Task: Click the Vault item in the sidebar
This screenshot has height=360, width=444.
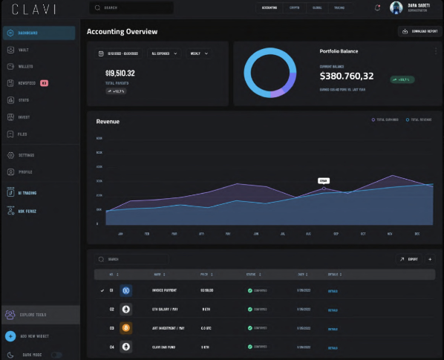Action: (24, 50)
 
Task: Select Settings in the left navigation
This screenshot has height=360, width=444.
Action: (26, 155)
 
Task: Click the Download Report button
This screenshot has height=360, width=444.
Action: (419, 31)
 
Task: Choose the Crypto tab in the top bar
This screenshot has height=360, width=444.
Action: (295, 7)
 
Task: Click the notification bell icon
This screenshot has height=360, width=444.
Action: (377, 7)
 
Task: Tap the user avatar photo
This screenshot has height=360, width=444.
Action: (396, 7)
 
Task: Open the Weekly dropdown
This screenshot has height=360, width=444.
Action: (197, 53)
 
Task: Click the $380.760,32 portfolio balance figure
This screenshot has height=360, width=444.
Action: (346, 76)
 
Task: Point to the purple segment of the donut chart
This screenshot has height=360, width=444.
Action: (274, 91)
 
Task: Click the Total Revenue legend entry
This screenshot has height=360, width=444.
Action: (420, 120)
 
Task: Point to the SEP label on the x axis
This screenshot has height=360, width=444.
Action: (336, 233)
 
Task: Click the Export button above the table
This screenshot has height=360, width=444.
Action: (409, 259)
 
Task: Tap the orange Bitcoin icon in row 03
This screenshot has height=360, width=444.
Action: (126, 327)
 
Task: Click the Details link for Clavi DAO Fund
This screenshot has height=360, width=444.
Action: (333, 347)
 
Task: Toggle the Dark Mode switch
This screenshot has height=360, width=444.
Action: (56, 355)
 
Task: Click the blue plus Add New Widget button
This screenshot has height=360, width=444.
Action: (10, 336)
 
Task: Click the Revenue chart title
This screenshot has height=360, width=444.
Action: (108, 121)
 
